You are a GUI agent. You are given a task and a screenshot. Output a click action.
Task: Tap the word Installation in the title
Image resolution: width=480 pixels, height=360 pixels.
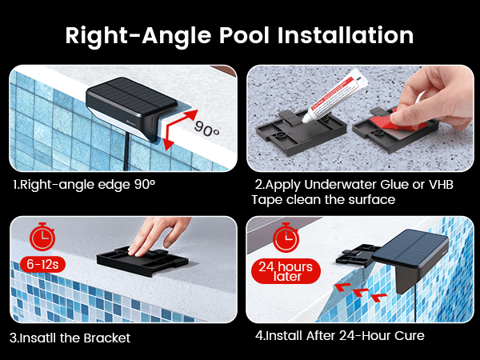[346, 35]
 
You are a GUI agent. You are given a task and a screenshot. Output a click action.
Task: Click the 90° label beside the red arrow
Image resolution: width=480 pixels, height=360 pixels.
[206, 129]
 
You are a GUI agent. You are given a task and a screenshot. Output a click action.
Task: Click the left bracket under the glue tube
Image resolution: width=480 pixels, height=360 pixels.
[302, 132]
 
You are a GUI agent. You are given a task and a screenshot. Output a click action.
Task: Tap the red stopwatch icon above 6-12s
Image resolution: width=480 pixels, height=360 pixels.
[42, 237]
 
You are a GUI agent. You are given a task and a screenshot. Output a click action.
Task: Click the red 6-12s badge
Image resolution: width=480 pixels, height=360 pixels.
[42, 264]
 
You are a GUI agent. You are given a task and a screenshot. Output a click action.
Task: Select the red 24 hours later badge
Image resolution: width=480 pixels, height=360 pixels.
[286, 271]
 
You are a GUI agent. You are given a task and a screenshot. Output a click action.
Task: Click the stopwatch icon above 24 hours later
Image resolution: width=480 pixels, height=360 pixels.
[286, 237]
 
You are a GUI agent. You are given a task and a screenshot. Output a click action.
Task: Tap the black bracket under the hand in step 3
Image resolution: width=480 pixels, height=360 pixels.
[142, 261]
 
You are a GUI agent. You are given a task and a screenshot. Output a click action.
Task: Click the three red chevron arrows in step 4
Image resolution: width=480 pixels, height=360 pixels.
[361, 292]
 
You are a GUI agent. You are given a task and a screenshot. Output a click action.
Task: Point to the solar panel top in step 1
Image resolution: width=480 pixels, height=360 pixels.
[132, 96]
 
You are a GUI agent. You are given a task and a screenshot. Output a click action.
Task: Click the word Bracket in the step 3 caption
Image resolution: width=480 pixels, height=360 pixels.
[106, 338]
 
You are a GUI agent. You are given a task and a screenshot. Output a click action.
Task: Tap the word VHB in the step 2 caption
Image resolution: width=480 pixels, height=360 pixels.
[441, 184]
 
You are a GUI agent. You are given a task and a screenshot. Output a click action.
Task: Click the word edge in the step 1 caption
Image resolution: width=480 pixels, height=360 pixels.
[114, 186]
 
